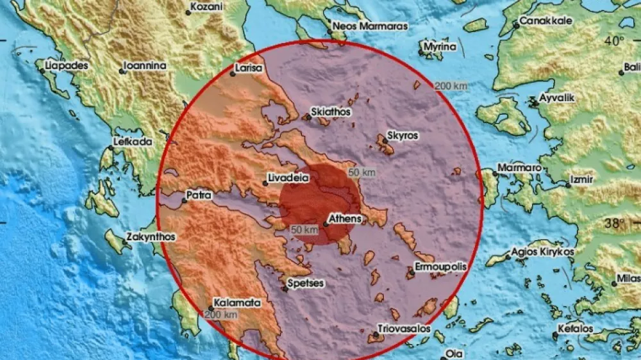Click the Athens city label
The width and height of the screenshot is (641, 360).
click(345, 219)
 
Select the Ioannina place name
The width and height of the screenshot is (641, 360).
click(146, 65)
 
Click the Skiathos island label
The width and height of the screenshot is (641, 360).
click(331, 111)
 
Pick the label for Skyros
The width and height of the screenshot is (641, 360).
click(403, 136)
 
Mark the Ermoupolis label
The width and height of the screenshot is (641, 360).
click(440, 266)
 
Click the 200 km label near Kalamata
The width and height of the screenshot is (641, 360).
click(222, 314)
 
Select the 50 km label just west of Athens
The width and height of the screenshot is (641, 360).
click(304, 229)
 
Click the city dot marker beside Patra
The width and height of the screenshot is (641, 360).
click(184, 201)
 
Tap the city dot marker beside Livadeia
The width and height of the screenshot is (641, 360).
click(265, 184)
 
